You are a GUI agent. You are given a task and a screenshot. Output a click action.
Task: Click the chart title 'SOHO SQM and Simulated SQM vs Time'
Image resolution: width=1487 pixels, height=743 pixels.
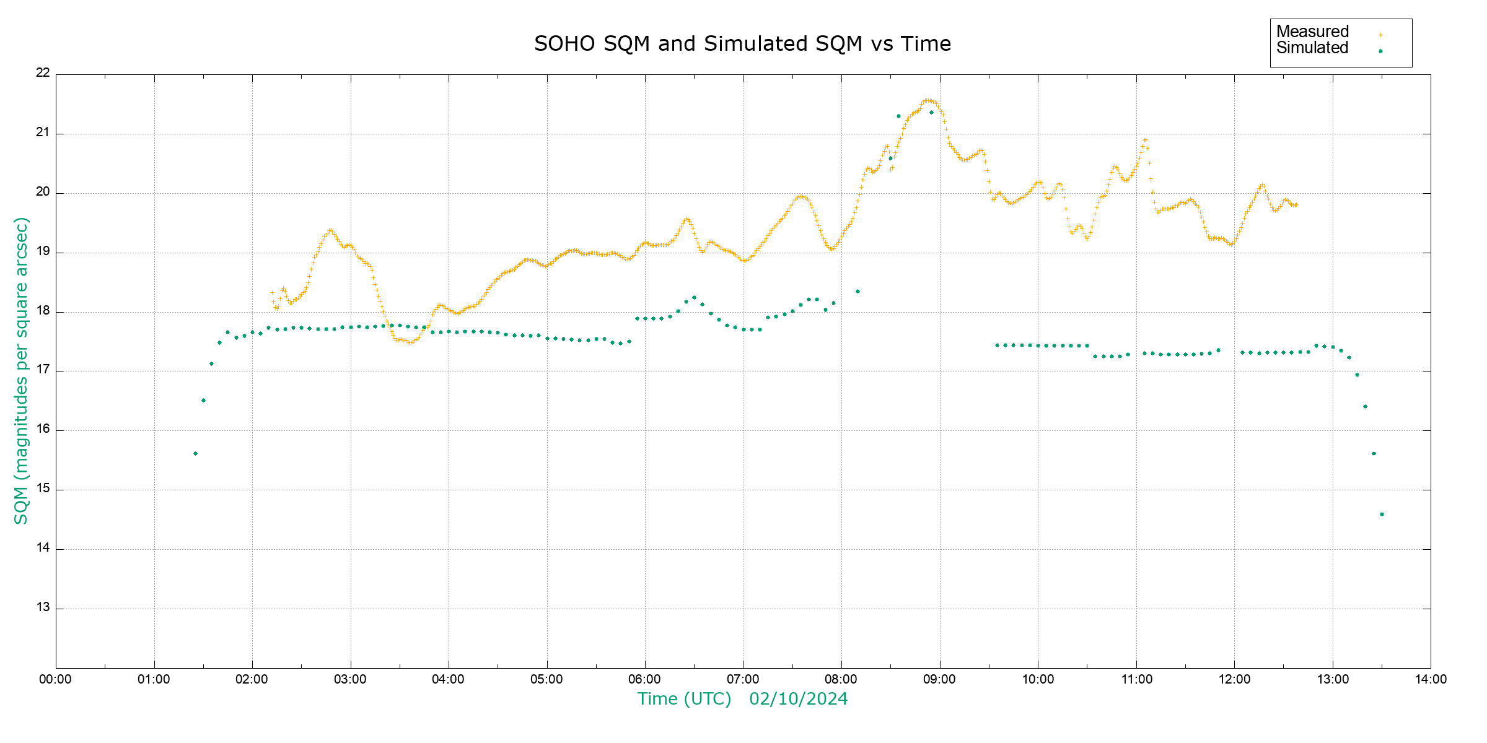(742, 44)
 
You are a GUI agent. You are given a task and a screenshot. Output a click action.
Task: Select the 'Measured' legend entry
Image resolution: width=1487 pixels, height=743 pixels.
(1312, 32)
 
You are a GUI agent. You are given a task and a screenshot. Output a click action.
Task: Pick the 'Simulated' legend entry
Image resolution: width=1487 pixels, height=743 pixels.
(1312, 48)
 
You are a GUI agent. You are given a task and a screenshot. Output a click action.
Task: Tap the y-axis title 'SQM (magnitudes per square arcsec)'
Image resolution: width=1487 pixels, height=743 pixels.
(21, 370)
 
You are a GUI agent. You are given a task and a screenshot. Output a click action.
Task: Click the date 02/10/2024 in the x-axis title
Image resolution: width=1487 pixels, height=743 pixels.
(798, 699)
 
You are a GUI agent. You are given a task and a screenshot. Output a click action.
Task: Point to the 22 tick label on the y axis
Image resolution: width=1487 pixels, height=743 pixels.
(43, 72)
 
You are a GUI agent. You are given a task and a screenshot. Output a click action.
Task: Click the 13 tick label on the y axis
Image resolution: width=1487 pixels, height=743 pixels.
(43, 607)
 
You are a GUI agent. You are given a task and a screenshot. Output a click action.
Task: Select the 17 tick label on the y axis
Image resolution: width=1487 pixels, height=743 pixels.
(43, 370)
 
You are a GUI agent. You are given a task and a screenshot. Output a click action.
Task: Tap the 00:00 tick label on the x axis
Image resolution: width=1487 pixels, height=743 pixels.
(56, 679)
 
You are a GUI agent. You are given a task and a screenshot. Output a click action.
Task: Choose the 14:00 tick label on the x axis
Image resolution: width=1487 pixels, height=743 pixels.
(1431, 679)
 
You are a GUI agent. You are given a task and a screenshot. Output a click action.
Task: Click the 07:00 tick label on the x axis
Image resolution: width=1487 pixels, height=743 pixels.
(743, 679)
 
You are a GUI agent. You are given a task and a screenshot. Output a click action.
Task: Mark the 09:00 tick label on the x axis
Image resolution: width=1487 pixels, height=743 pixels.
(940, 679)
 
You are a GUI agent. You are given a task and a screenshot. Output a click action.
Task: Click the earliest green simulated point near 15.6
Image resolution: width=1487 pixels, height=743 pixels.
(195, 454)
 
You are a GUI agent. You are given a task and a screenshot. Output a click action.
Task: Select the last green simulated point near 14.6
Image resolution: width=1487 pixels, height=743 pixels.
(1382, 515)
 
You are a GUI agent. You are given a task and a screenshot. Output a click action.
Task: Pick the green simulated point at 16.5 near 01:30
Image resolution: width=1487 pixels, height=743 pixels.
(203, 401)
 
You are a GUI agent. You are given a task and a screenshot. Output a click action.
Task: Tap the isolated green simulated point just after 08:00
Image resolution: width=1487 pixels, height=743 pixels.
(858, 292)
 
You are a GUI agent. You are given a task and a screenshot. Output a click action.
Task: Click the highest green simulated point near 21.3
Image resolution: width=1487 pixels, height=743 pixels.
(898, 116)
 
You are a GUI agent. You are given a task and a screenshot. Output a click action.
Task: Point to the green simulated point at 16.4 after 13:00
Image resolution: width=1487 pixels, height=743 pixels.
(1365, 407)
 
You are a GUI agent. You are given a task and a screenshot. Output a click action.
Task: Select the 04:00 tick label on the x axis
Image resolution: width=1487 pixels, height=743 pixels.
(449, 679)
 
